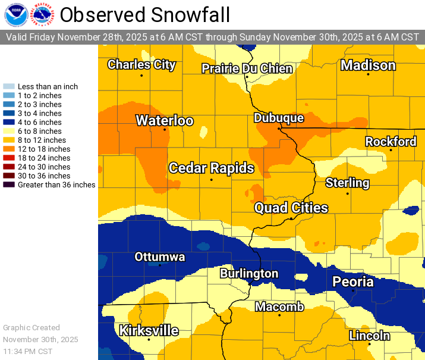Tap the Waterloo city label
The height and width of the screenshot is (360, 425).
tap(165, 121)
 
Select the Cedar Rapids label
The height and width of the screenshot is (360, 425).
tap(212, 168)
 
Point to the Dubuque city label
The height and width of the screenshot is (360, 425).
tap(279, 118)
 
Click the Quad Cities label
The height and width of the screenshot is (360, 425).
tap(291, 208)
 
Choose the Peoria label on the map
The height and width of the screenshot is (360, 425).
tap(353, 281)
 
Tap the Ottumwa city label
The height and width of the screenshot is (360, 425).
tap(160, 257)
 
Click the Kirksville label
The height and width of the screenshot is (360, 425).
tap(149, 330)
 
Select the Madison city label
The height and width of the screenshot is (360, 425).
tap(368, 65)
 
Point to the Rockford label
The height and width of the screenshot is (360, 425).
tap(391, 142)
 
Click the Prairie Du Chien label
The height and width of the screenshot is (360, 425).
tap(247, 68)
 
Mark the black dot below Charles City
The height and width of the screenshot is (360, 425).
tap(141, 76)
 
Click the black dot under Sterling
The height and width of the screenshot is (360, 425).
tap(348, 193)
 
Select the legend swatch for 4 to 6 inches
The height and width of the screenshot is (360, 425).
tap(10, 123)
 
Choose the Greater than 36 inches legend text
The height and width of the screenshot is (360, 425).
tap(56, 185)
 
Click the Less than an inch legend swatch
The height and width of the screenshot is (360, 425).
tap(10, 87)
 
